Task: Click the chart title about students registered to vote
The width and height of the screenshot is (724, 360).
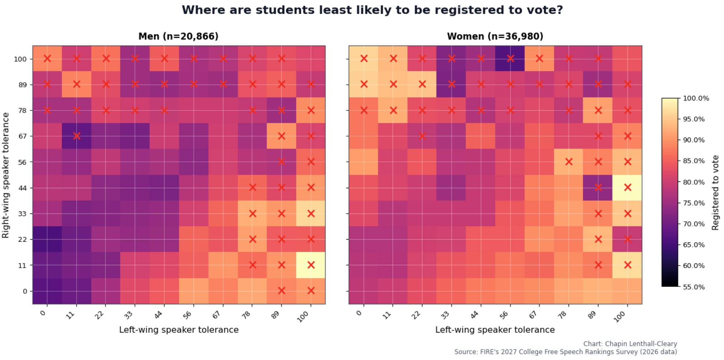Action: point(372,10)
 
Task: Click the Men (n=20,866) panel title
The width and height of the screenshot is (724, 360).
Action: point(178,36)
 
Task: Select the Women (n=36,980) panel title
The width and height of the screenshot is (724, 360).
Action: point(495,36)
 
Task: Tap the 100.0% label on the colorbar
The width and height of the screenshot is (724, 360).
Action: point(696,98)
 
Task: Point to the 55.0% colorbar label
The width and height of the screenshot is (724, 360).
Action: point(694,287)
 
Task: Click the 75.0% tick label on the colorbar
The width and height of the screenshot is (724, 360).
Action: point(694,203)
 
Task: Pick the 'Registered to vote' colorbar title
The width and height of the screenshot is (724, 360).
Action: point(715,192)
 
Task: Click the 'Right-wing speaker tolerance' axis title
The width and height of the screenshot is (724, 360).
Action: point(5,175)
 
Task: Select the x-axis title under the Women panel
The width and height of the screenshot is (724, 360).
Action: point(495,330)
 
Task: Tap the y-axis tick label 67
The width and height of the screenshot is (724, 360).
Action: point(22,136)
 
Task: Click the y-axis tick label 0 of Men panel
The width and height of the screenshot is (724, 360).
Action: point(25,291)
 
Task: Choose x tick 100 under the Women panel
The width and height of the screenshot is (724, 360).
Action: point(620,316)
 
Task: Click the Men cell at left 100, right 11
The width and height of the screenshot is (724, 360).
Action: point(311,265)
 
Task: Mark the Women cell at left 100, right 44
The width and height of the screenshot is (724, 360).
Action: point(627,188)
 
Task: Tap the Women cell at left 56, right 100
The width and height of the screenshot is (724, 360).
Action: point(510,58)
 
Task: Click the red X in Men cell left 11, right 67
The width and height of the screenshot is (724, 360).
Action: point(76,136)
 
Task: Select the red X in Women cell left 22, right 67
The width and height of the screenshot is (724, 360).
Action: point(422,136)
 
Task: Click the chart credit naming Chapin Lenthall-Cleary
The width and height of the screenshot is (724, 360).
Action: point(630,344)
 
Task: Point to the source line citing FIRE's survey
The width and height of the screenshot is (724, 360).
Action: point(566,352)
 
